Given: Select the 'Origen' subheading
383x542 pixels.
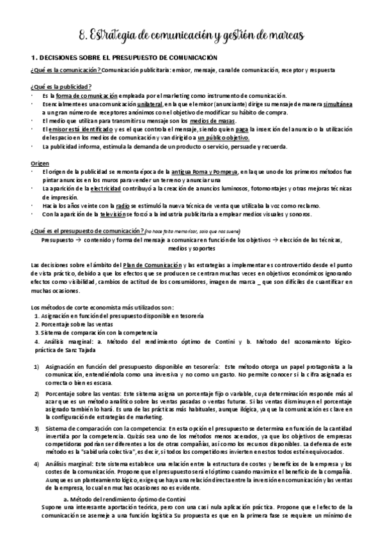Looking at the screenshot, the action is [x=39, y=164].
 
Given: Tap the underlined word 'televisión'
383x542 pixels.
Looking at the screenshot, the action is [x=114, y=215].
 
